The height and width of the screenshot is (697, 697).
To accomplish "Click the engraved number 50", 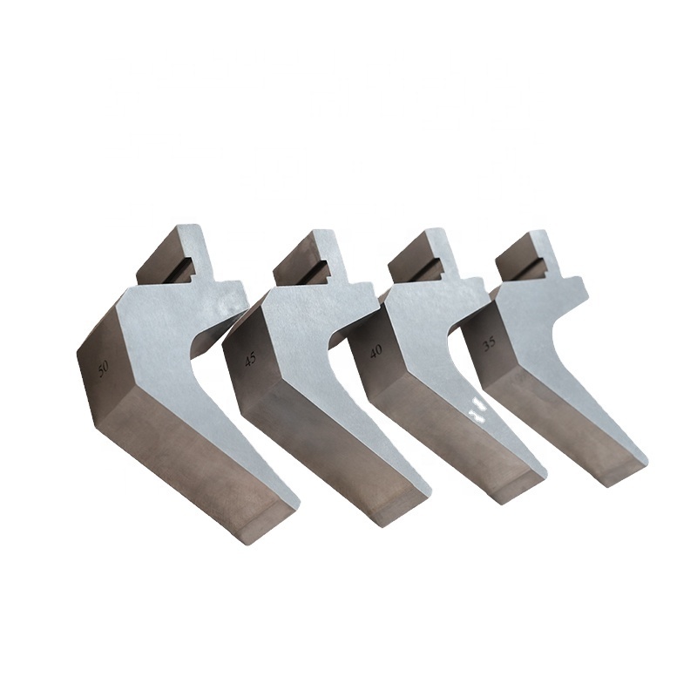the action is (x=103, y=369).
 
